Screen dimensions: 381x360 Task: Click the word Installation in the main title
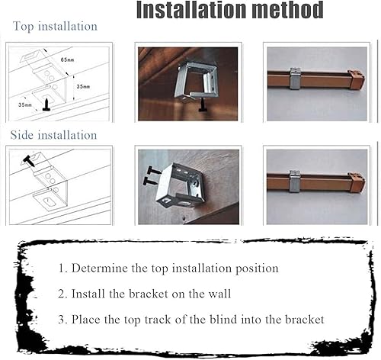pyautogui.click(x=192, y=10)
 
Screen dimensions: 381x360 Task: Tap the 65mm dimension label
pyautogui.click(x=67, y=59)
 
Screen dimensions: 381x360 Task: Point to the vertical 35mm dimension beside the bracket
pyautogui.click(x=83, y=87)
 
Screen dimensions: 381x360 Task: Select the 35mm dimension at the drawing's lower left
pyautogui.click(x=25, y=104)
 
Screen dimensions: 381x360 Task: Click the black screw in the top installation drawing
pyautogui.click(x=46, y=104)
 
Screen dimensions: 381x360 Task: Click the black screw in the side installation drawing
pyautogui.click(x=29, y=162)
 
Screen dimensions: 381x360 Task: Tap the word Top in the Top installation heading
pyautogui.click(x=23, y=27)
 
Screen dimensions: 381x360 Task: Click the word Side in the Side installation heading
pyautogui.click(x=21, y=135)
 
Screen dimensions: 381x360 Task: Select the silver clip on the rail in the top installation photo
pyautogui.click(x=296, y=79)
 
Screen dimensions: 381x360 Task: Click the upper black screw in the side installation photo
pyautogui.click(x=153, y=170)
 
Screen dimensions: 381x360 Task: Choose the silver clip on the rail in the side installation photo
pyautogui.click(x=295, y=182)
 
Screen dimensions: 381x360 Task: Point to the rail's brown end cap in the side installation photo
pyautogui.click(x=357, y=182)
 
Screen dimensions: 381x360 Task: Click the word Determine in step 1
pyautogui.click(x=100, y=268)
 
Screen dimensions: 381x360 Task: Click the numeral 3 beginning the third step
pyautogui.click(x=61, y=320)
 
